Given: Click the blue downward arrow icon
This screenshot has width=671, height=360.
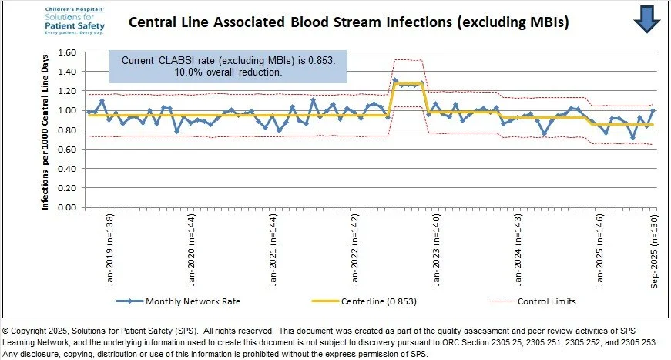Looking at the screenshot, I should click(648, 19).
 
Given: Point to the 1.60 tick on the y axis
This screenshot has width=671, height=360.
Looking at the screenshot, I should click(67, 53).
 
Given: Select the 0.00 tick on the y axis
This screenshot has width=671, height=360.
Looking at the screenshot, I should click(67, 207).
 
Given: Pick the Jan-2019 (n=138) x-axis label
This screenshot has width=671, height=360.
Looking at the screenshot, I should click(109, 243).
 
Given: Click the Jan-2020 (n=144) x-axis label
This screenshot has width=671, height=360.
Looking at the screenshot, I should click(191, 243).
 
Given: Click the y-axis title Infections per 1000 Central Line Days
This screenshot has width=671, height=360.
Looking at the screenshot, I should click(45, 131).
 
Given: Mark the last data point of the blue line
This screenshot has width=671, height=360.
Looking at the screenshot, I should click(653, 110).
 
